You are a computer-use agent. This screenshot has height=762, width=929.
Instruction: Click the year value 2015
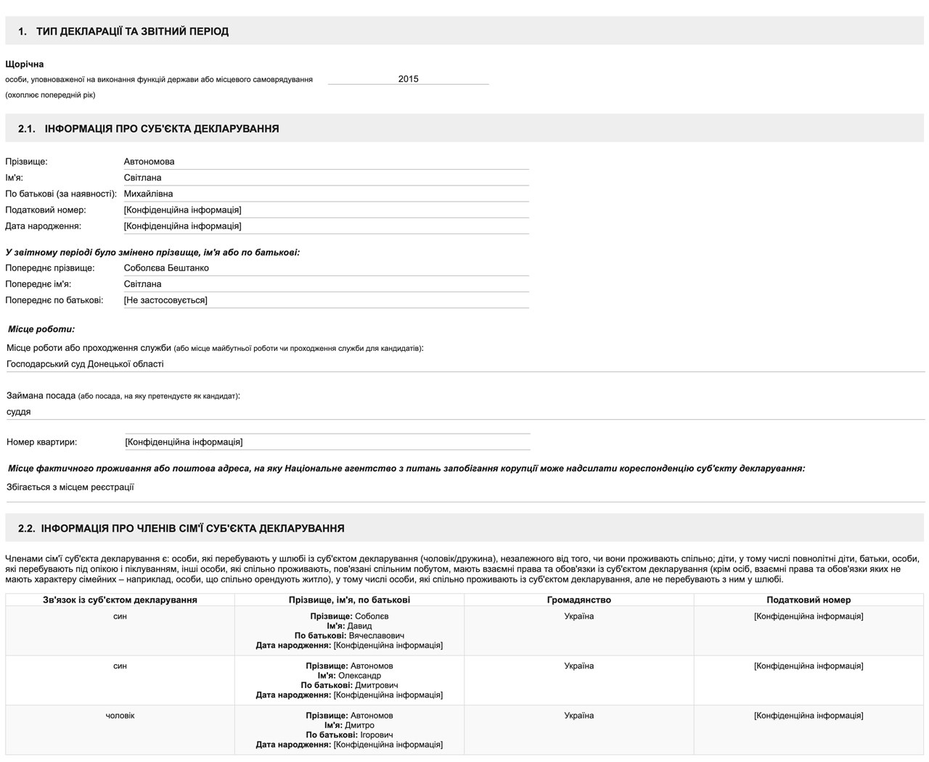(x=408, y=79)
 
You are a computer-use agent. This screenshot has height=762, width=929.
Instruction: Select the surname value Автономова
(x=149, y=162)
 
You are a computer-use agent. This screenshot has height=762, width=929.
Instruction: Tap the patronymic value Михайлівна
(x=148, y=194)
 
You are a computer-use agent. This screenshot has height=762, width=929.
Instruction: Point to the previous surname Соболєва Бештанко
(x=166, y=268)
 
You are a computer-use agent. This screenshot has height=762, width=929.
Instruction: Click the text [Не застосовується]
(x=165, y=300)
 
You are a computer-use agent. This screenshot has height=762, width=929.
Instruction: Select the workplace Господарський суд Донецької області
(x=85, y=364)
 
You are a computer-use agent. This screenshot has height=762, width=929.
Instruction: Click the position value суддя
(x=19, y=412)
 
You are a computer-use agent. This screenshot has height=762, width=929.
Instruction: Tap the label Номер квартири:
(x=41, y=442)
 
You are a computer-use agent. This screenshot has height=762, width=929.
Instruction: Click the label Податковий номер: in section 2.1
(x=45, y=210)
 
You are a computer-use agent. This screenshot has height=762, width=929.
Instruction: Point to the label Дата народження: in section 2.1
(x=43, y=226)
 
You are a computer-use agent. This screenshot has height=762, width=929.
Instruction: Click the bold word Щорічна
(x=25, y=65)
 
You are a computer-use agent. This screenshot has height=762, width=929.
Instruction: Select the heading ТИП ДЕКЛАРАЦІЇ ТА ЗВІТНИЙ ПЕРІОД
(x=132, y=31)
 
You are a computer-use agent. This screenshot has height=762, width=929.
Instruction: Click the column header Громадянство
(x=578, y=600)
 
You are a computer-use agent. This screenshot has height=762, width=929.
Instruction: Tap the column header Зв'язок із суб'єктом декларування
(x=120, y=600)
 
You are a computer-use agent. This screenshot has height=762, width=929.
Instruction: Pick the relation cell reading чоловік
(x=120, y=716)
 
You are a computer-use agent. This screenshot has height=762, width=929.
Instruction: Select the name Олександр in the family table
(x=359, y=676)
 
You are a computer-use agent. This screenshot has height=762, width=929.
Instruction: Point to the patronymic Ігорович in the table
(x=377, y=735)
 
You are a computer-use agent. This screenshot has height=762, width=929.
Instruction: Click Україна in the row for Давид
(x=578, y=616)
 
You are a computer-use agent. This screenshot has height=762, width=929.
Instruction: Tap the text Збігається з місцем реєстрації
(x=70, y=487)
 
